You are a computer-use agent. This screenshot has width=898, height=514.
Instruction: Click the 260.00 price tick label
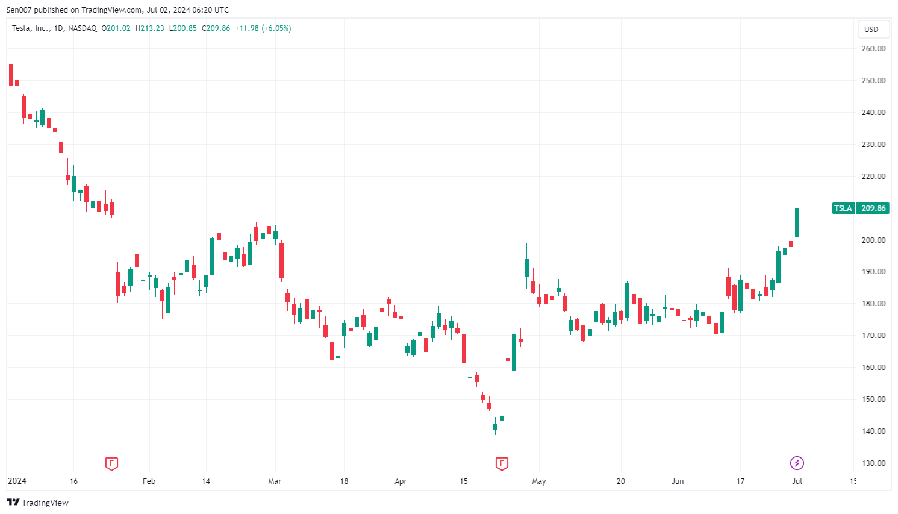click(873, 49)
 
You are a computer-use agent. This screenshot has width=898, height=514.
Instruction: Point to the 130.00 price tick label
click(873, 463)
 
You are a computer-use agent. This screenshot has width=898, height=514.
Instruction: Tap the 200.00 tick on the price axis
click(873, 240)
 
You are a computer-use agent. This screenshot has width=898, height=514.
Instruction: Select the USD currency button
click(871, 29)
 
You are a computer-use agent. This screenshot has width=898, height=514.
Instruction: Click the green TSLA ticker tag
click(843, 208)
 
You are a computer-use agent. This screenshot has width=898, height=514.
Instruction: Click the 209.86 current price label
click(873, 208)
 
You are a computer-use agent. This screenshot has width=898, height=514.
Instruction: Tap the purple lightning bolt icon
click(797, 463)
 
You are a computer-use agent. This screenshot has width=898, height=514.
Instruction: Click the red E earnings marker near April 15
click(502, 463)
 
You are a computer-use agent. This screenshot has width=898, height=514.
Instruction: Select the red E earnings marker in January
click(111, 463)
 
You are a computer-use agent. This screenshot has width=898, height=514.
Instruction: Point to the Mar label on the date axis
click(275, 481)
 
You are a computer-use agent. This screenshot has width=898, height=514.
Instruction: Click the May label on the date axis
click(539, 481)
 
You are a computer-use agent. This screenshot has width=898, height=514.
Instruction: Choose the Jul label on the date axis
click(797, 481)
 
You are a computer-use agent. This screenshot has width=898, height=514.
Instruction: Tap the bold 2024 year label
click(17, 481)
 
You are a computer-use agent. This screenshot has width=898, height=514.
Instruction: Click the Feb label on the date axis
click(149, 481)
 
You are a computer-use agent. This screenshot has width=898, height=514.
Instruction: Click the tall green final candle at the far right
click(797, 222)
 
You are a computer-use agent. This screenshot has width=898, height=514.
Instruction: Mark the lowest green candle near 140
click(496, 427)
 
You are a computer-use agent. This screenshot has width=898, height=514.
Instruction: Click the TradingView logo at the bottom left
click(38, 503)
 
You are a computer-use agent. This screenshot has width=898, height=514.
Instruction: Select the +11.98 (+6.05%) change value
click(263, 28)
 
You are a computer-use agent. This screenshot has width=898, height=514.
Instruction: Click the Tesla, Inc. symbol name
click(31, 28)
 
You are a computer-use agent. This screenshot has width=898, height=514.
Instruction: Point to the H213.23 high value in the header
click(149, 28)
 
